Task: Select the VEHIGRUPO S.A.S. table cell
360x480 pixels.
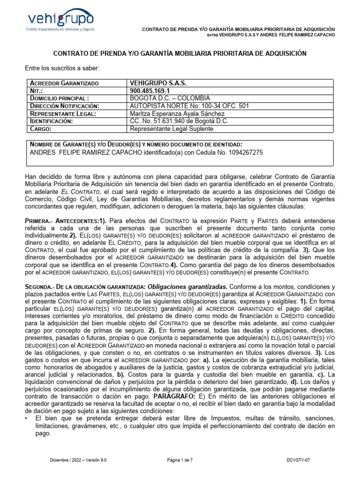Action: [158, 83]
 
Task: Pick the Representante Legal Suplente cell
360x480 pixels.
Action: [171, 128]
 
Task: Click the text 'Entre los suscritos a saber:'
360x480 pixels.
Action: [62, 69]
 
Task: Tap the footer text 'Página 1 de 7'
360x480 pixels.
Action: [180, 460]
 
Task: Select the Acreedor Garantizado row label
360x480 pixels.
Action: [64, 83]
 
